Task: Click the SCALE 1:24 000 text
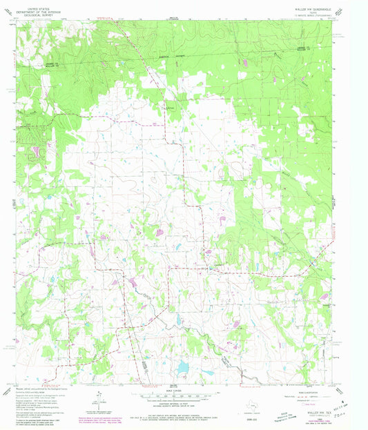point(175,391)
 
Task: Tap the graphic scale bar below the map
point(175,396)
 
